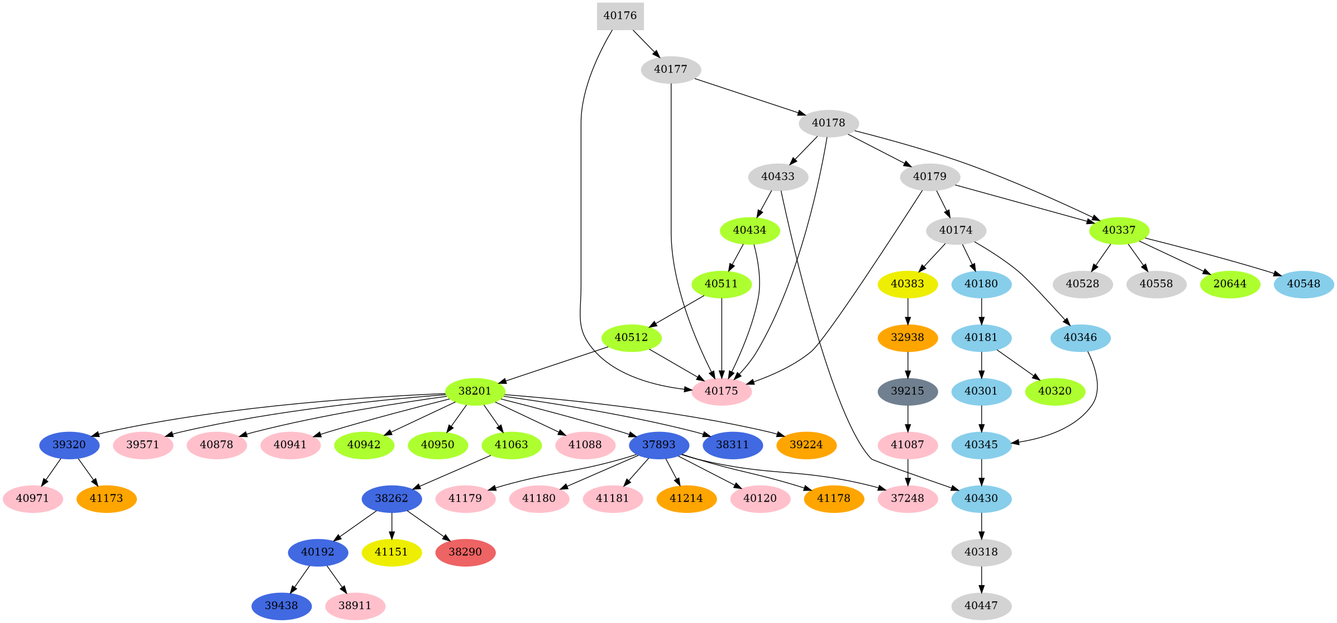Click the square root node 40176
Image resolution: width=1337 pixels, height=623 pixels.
click(x=620, y=16)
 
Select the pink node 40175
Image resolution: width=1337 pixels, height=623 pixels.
click(x=722, y=391)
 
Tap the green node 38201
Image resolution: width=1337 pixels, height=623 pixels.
click(x=475, y=391)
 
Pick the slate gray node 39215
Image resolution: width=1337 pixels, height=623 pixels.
click(x=908, y=391)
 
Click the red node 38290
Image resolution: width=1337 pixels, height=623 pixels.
click(x=465, y=552)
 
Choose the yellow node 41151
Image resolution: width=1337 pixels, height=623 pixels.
click(x=391, y=552)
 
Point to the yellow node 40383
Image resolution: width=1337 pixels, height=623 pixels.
click(x=908, y=284)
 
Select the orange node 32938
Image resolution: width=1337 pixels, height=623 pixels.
click(x=908, y=337)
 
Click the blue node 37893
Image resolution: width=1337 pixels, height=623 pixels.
click(x=659, y=445)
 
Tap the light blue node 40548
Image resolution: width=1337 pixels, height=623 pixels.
click(x=1303, y=284)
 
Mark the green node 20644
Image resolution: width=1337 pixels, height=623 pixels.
click(x=1230, y=284)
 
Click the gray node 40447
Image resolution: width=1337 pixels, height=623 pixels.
click(x=981, y=606)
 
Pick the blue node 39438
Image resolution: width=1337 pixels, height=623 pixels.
click(x=281, y=606)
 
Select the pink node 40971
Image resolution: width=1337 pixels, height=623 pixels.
click(x=33, y=498)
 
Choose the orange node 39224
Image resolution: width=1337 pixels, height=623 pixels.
click(x=806, y=445)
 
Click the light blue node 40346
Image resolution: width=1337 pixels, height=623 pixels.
click(x=1080, y=337)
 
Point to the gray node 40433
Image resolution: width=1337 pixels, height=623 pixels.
click(x=778, y=177)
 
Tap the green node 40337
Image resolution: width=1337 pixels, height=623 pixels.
click(x=1119, y=230)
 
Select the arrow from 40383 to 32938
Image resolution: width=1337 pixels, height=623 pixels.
click(x=908, y=311)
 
